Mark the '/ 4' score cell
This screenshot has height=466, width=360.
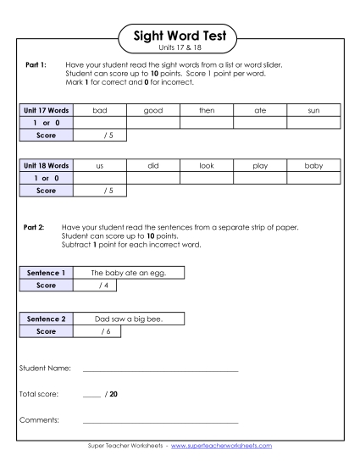pyautogui.click(x=101, y=286)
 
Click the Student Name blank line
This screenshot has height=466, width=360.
pyautogui.click(x=160, y=370)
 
